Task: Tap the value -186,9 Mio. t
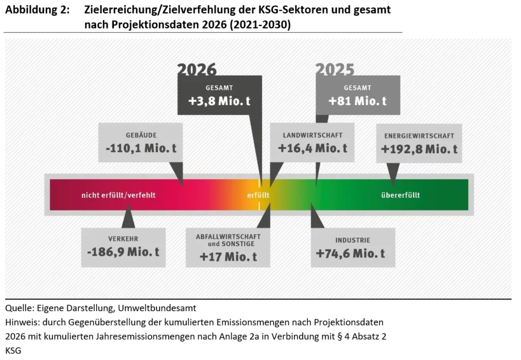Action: pos(123,252)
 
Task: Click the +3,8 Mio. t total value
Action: pos(219,101)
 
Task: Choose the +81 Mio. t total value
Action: pos(357,101)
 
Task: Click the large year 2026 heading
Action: pos(196,70)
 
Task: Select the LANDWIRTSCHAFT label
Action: pos(312,135)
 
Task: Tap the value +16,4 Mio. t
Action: pos(312,148)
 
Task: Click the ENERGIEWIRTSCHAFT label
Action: pos(419,136)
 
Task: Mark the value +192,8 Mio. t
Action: pos(419,149)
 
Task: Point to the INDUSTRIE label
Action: pos(353,239)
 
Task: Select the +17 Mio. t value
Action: pos(228,257)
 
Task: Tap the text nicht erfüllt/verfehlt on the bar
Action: pos(118,195)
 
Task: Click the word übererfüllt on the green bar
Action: pos(400,195)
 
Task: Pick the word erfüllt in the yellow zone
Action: pos(257,195)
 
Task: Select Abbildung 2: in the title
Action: pos(37,10)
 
